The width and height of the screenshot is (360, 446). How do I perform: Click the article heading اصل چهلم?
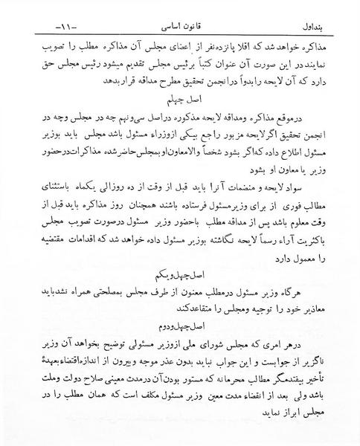pos(179,98)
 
